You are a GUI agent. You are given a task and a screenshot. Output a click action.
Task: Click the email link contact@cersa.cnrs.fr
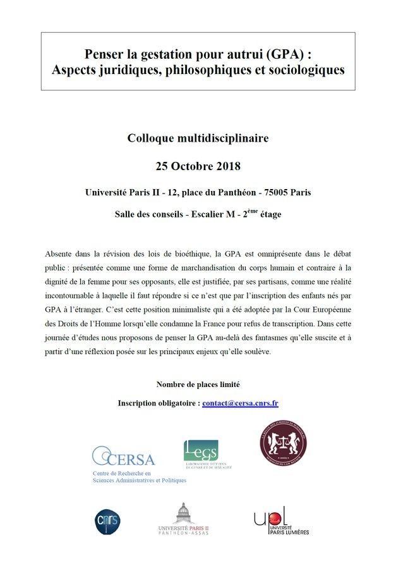pyautogui.click(x=241, y=403)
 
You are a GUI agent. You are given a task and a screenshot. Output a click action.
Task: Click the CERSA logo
pyautogui.click(x=124, y=457)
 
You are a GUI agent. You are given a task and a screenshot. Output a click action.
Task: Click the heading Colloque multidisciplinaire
pyautogui.click(x=198, y=137)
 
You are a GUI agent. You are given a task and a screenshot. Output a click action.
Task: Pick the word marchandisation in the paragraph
pyautogui.click(x=237, y=268)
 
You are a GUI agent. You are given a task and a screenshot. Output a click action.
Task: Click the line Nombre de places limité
pyautogui.click(x=198, y=385)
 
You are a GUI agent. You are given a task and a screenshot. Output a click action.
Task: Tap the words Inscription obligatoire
pyautogui.click(x=158, y=403)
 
